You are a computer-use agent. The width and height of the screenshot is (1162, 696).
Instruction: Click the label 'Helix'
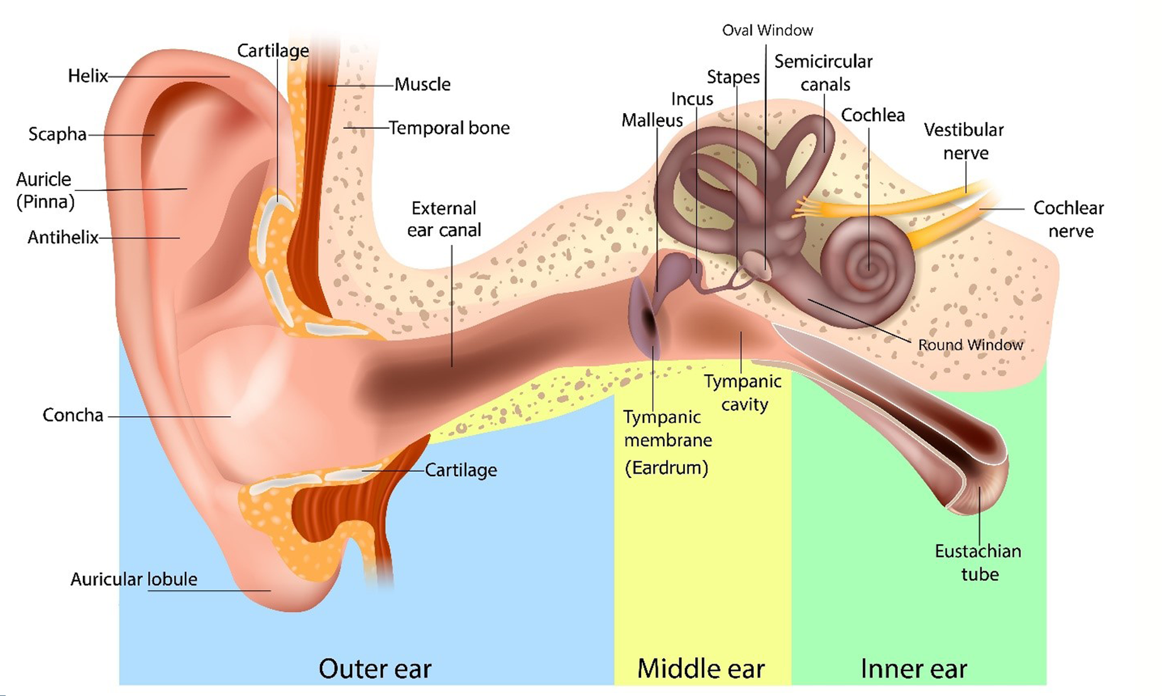[87, 76]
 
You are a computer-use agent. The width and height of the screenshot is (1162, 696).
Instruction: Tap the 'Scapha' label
[57, 134]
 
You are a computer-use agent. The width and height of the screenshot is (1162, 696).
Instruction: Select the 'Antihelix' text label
[63, 237]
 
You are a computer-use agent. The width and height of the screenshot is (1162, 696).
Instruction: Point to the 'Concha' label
[73, 415]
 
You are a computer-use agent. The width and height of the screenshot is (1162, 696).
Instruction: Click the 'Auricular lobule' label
[133, 579]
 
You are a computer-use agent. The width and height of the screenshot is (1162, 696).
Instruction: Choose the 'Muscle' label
[422, 84]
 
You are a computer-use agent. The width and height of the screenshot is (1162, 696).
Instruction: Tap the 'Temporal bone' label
[449, 128]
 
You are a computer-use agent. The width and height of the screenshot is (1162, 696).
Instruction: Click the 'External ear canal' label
[444, 219]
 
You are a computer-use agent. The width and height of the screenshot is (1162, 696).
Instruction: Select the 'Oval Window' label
[767, 30]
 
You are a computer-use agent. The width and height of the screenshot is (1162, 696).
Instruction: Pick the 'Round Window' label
[970, 345]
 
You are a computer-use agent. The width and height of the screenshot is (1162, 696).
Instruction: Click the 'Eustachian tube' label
[978, 562]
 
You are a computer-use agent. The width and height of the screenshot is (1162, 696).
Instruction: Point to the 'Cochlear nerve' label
[1069, 219]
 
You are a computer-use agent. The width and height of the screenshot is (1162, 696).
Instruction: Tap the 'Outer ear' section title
[375, 668]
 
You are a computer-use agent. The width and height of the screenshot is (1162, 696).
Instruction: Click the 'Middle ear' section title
[701, 668]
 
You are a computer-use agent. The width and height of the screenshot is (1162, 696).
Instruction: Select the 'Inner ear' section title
[913, 668]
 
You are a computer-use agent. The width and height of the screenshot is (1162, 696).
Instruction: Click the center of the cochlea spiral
[869, 266]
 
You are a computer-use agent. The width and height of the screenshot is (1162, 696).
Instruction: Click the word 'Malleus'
[652, 120]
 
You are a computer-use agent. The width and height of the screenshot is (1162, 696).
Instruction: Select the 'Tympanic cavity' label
[743, 393]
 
